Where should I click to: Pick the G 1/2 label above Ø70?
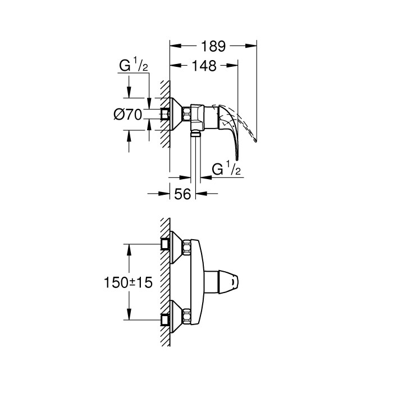point(133,67)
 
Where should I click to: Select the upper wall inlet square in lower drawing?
point(165,244)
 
